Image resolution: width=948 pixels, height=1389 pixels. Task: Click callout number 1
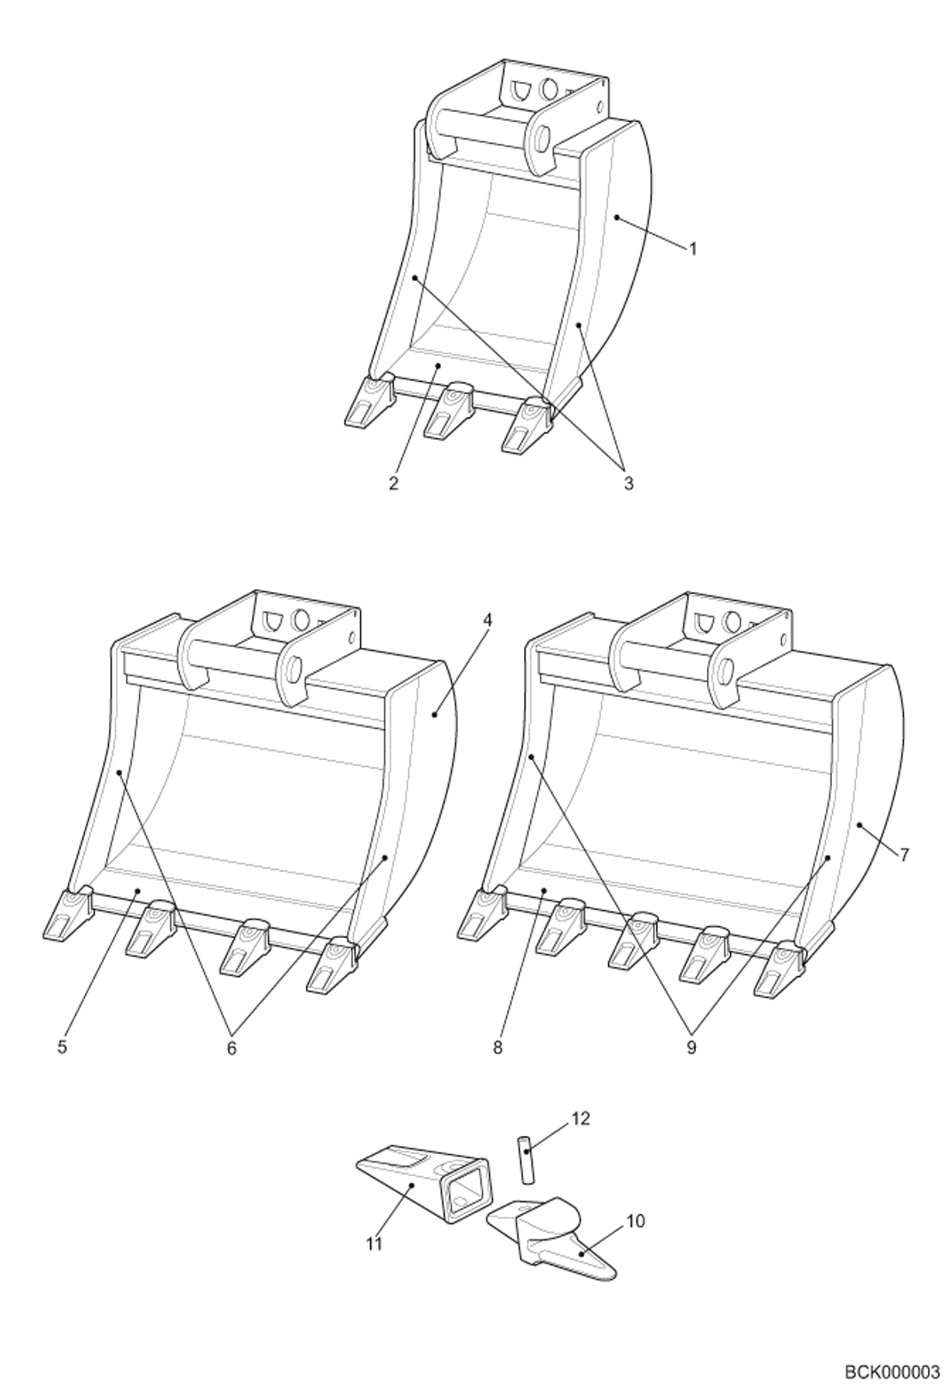click(x=693, y=249)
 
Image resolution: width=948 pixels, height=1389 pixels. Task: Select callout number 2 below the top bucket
click(x=394, y=484)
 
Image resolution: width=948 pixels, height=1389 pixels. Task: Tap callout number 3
click(x=628, y=484)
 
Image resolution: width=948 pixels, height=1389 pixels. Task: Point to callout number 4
click(x=486, y=620)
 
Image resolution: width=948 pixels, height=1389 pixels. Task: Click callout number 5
click(x=62, y=1047)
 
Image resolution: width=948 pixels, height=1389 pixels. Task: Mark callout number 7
click(x=904, y=855)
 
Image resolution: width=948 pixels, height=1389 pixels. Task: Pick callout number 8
click(x=498, y=1048)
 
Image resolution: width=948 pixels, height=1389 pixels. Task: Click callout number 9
click(x=691, y=1048)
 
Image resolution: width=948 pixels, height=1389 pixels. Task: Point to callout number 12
click(x=580, y=1119)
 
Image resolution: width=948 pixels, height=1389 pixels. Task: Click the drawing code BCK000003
click(x=892, y=1370)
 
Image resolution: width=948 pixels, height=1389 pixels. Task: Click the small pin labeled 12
click(x=526, y=1157)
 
